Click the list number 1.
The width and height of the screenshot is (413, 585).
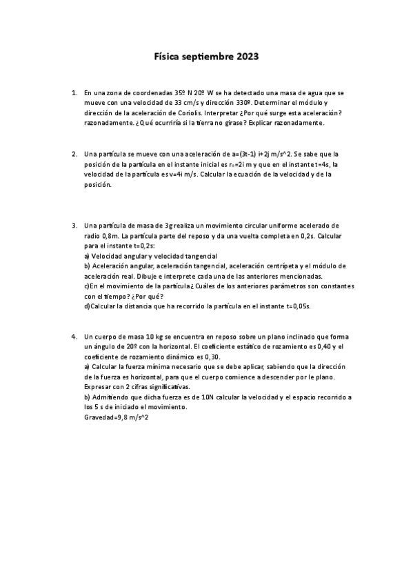click(x=74, y=92)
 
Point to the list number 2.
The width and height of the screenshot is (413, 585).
click(x=74, y=154)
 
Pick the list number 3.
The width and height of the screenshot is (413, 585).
click(x=74, y=226)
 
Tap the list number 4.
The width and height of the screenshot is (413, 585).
click(x=74, y=336)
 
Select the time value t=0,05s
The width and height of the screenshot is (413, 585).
click(x=299, y=306)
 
